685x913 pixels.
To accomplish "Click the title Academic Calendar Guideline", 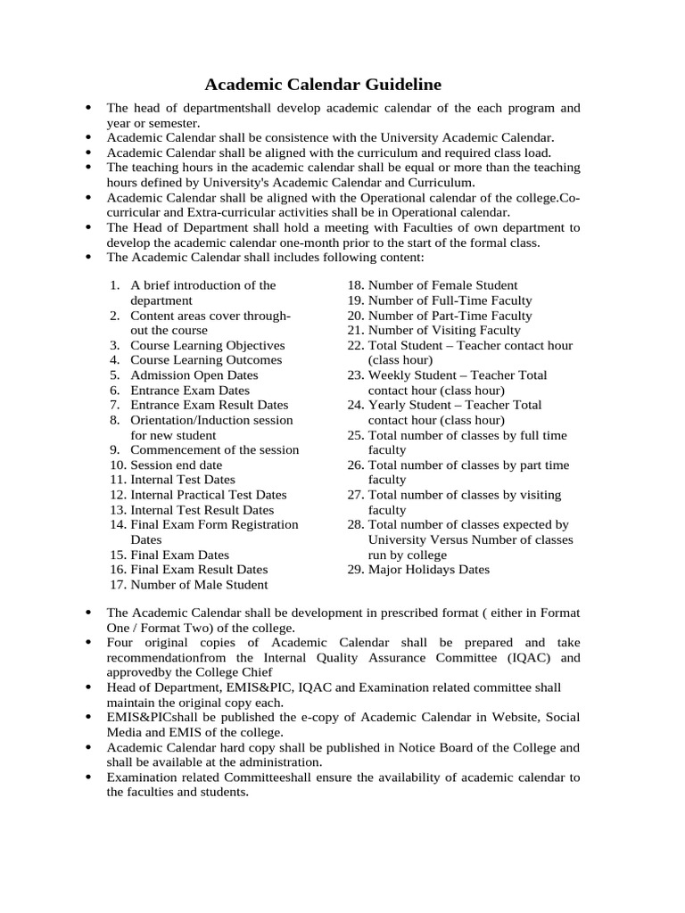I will [x=323, y=85].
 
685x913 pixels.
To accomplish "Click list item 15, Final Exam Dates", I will [x=179, y=555].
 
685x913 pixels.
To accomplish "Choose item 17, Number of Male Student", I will [x=198, y=585].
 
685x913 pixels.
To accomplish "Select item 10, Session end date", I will [x=176, y=465].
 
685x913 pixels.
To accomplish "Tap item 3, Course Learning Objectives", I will [x=207, y=345].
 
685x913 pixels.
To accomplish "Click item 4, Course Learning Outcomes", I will [x=205, y=360].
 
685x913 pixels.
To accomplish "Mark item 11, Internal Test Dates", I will [x=182, y=480].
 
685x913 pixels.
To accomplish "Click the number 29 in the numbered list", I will [x=355, y=570].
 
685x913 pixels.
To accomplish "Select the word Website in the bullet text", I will [x=513, y=717].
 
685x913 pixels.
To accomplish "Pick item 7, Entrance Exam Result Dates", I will [x=209, y=405].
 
